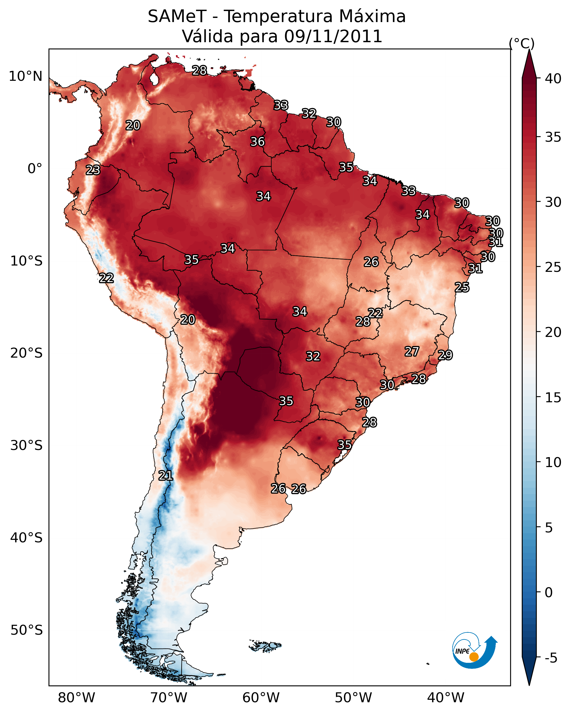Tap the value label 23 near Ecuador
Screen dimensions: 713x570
tap(93, 170)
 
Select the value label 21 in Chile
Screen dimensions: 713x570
tap(165, 476)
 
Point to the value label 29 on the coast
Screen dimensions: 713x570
tap(445, 355)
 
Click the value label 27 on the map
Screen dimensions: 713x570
tap(412, 352)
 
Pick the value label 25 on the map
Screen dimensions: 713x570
tap(462, 287)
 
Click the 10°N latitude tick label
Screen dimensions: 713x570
tap(25, 76)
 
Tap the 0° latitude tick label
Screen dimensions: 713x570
tap(35, 169)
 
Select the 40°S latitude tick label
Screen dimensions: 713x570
tap(26, 538)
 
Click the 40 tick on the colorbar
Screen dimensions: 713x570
tap(553, 79)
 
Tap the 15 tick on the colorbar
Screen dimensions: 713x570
tap(553, 398)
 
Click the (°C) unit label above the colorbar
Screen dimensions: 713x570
tap(521, 43)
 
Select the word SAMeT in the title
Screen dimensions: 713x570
tap(177, 17)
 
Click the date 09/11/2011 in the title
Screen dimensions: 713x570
tap(333, 36)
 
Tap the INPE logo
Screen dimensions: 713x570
tap(474, 651)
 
